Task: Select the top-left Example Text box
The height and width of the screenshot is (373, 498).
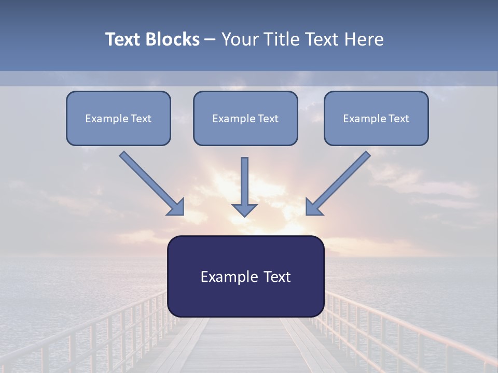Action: (118, 118)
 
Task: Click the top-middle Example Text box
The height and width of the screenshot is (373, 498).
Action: (245, 118)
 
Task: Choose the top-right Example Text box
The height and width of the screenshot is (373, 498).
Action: (376, 118)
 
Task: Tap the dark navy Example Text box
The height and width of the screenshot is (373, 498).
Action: (245, 276)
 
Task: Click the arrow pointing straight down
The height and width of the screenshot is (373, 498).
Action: (244, 184)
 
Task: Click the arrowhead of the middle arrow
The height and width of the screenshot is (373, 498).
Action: (244, 209)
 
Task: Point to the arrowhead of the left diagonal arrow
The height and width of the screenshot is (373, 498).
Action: (177, 207)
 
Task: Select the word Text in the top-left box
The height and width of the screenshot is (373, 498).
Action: (141, 119)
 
